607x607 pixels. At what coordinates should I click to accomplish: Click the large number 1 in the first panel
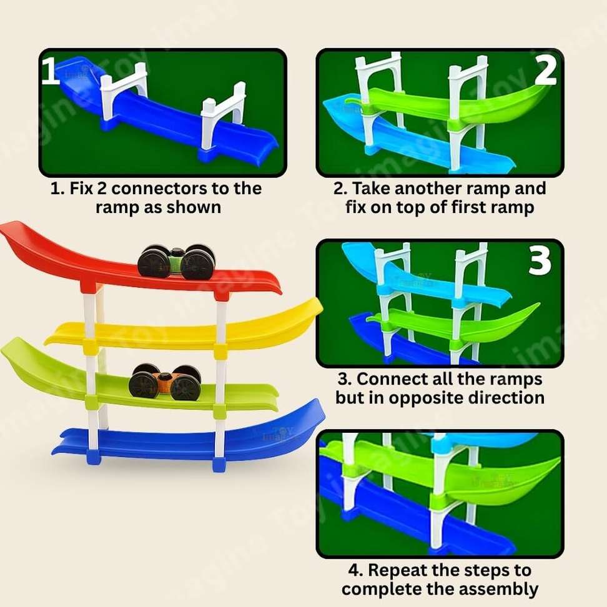click(51, 71)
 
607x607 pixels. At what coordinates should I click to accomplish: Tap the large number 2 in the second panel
click(545, 70)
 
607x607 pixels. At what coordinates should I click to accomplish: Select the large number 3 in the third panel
click(540, 260)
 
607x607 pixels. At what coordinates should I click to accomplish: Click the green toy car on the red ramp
click(177, 262)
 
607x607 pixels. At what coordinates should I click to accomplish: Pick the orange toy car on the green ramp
click(165, 382)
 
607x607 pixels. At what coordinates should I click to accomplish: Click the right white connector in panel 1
click(224, 116)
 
